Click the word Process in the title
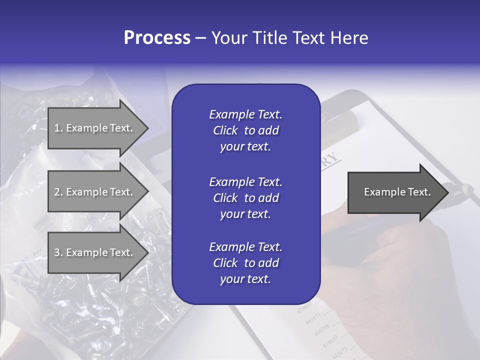[157, 37]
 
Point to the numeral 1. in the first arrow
[58, 128]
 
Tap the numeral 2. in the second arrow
[58, 192]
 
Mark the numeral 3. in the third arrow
[58, 252]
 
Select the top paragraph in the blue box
[245, 130]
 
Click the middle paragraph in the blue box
[245, 198]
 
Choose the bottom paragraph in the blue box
[245, 263]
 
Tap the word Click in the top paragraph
[225, 130]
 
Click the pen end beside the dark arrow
[462, 190]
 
